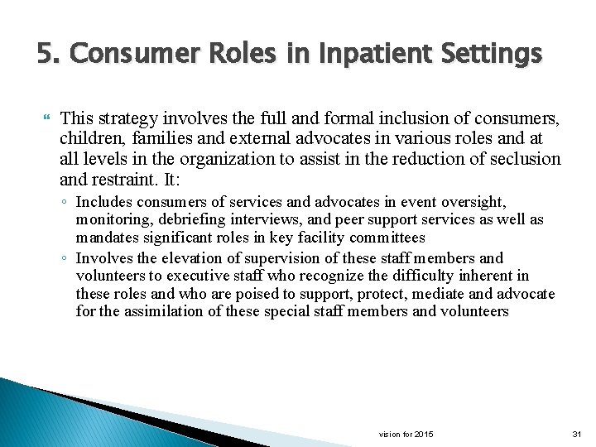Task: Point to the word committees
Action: [385, 238]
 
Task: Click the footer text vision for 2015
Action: [406, 435]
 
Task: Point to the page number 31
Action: [577, 435]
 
